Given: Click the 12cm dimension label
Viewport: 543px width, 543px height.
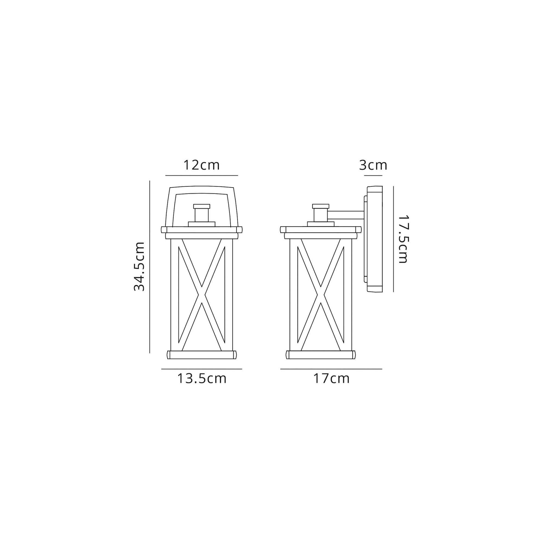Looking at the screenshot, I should [x=201, y=165].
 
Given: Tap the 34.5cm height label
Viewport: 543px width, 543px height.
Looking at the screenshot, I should [x=139, y=266].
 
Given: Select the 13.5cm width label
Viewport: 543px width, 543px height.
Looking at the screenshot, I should [x=201, y=378].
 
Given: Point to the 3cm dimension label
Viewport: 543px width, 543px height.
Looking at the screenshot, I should [x=373, y=165].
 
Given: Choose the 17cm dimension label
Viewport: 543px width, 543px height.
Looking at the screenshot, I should [x=331, y=378].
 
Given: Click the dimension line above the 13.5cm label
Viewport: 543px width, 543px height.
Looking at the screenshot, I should [x=201, y=369].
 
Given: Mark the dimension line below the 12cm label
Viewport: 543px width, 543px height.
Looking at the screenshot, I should [x=201, y=175].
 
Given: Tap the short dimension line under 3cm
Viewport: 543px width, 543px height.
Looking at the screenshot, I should [x=373, y=175].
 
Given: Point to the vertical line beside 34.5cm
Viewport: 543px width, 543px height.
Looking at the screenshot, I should [x=150, y=266].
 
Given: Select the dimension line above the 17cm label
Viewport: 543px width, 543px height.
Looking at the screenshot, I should [x=331, y=369].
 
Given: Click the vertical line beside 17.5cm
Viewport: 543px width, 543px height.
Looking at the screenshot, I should [x=393, y=239].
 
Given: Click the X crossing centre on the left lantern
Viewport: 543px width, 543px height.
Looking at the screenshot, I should [x=202, y=295].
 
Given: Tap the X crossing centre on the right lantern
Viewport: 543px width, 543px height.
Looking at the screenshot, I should [x=321, y=295].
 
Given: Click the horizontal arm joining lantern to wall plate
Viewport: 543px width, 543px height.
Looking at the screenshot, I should [x=346, y=215].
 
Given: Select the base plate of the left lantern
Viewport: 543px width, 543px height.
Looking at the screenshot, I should [x=202, y=355].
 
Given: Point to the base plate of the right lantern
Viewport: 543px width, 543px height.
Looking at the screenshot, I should [x=321, y=355].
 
